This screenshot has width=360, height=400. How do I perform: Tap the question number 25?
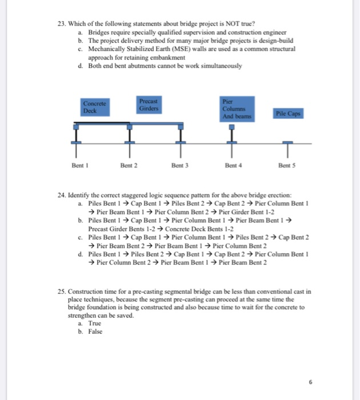tap(62, 291)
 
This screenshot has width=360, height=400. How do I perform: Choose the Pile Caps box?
tap(287, 114)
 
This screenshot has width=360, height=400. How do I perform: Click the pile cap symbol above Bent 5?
tap(287, 141)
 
